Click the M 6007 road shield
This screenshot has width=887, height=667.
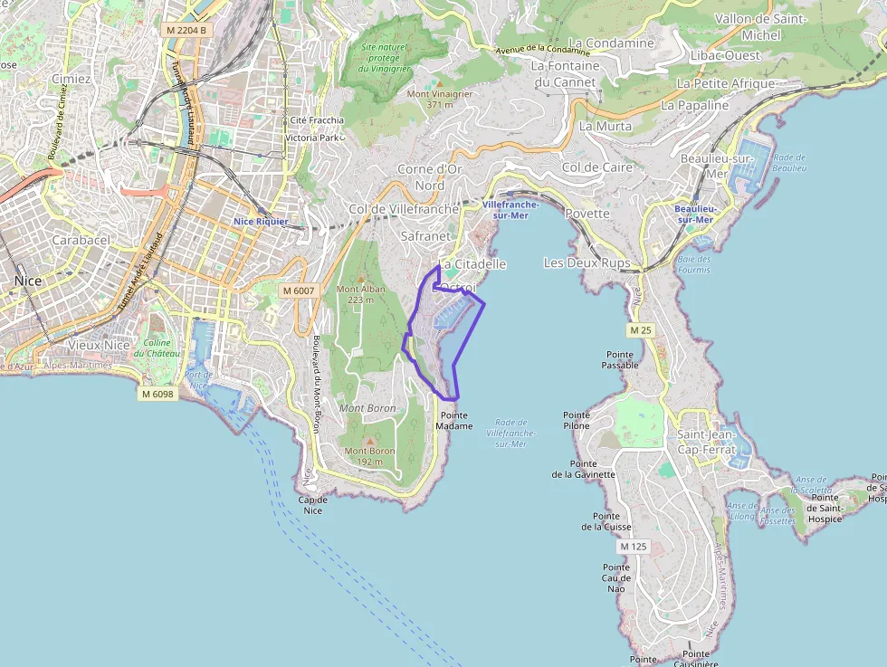coord(298,291)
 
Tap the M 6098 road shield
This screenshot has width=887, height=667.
coord(157,394)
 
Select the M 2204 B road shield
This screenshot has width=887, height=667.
coord(186,30)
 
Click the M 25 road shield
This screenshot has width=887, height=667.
coord(640,330)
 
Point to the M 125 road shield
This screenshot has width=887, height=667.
coord(634,547)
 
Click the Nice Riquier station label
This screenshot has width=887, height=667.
coord(261,222)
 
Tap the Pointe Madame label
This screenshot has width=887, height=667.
coord(454,420)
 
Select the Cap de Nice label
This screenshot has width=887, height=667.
coord(312,505)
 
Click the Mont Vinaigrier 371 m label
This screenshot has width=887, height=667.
coord(440,99)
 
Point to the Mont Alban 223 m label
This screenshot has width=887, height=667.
coord(361,294)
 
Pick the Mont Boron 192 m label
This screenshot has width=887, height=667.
coord(369,456)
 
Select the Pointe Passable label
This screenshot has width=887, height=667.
coord(620,359)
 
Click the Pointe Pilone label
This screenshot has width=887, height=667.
coord(577,420)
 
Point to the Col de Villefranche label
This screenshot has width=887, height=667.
coord(404,210)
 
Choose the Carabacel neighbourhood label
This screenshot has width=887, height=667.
coord(81,241)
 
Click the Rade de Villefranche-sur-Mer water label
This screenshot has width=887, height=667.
coord(511,434)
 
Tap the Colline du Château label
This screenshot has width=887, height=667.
coord(157,348)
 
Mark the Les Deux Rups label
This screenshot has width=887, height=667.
coord(587,262)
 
